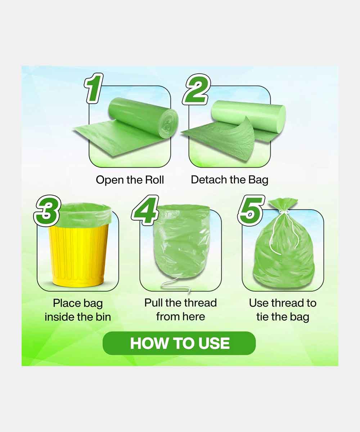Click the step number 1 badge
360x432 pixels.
click(94, 88)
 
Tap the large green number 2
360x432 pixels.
click(196, 89)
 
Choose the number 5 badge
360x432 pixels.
click(251, 211)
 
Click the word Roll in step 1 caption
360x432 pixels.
click(154, 180)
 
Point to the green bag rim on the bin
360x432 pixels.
click(84, 214)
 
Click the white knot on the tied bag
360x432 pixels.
click(284, 212)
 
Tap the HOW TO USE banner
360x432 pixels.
click(179, 343)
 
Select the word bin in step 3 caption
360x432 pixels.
click(103, 317)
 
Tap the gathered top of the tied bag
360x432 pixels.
click(283, 204)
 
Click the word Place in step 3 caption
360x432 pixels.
click(67, 303)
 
